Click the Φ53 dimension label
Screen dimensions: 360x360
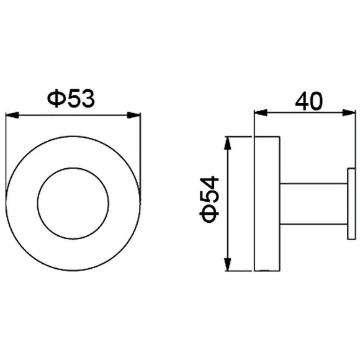[71, 98]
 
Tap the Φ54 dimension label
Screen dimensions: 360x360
[209, 199]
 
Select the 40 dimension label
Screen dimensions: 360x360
[309, 101]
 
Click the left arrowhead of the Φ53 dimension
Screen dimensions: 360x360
[12, 115]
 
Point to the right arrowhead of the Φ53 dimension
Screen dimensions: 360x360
[133, 115]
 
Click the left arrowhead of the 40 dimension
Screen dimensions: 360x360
[261, 113]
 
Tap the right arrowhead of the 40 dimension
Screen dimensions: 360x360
[349, 113]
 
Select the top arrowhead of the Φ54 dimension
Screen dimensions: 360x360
[227, 143]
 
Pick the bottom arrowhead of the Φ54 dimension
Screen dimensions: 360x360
[227, 264]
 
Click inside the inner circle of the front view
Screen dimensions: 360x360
[73, 203]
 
